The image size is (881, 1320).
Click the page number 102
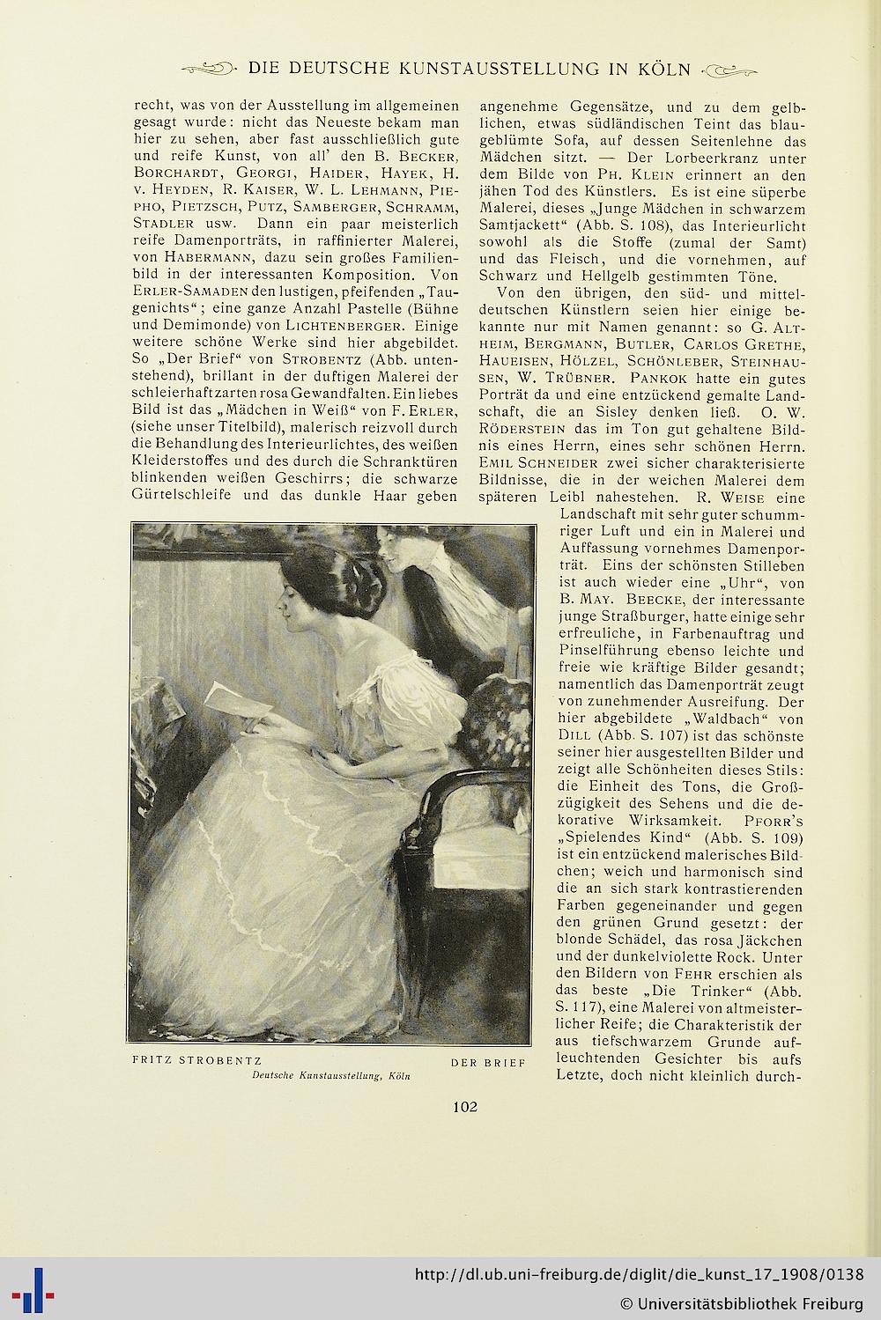click(465, 1106)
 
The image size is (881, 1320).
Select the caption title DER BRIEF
click(487, 1062)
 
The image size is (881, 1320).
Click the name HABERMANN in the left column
click(181, 256)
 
